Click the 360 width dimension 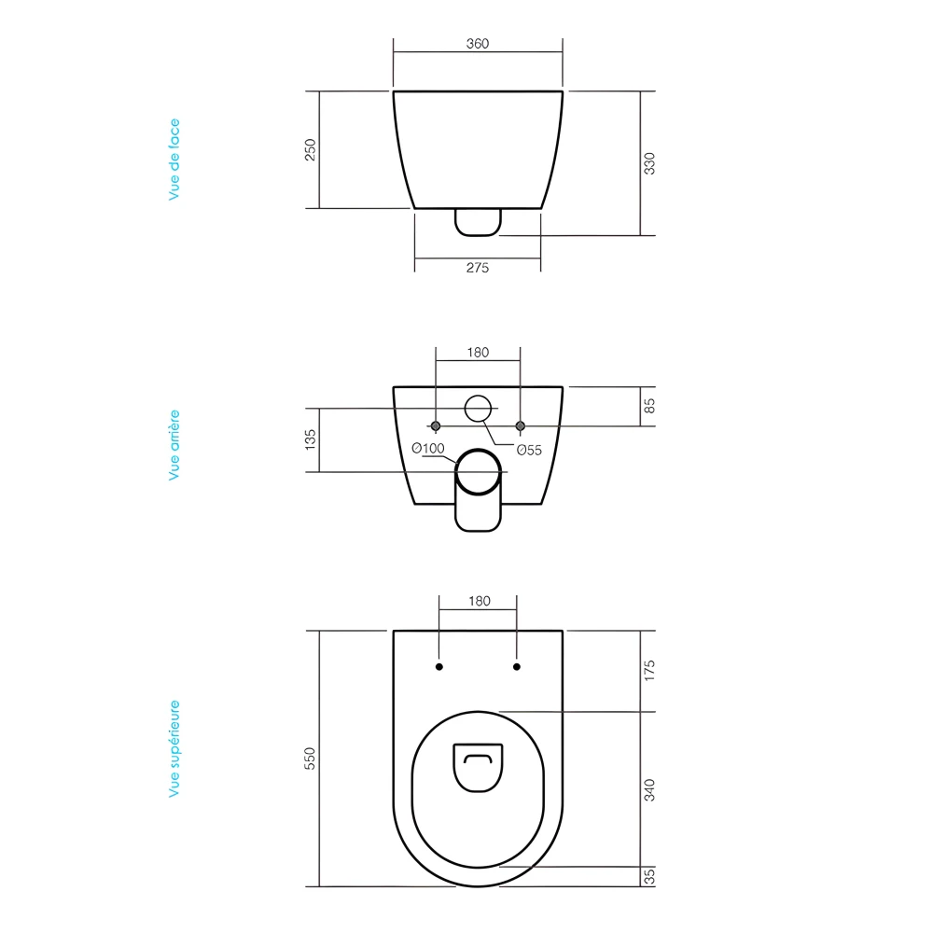point(477,44)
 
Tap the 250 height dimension point(312,149)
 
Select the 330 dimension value point(650,162)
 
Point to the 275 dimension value point(477,268)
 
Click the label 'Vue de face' point(174,160)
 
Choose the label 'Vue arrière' point(174,445)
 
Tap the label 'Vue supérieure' point(174,749)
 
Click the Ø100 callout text point(427,449)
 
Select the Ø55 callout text point(530,449)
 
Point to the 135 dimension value point(312,439)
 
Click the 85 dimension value point(650,406)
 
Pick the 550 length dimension point(312,759)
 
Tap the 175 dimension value point(650,670)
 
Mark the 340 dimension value point(650,789)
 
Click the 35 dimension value point(650,876)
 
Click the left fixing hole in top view point(439,667)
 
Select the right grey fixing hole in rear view point(521,425)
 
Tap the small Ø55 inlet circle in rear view point(478,409)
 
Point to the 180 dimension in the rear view point(477,353)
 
